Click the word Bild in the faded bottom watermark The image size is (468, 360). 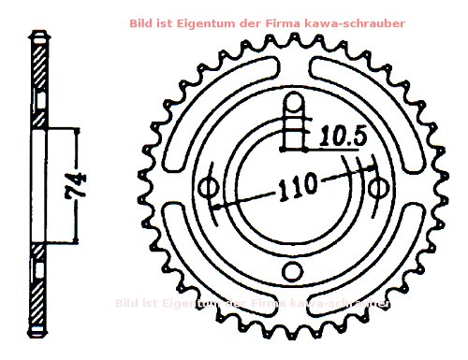point(128,303)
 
